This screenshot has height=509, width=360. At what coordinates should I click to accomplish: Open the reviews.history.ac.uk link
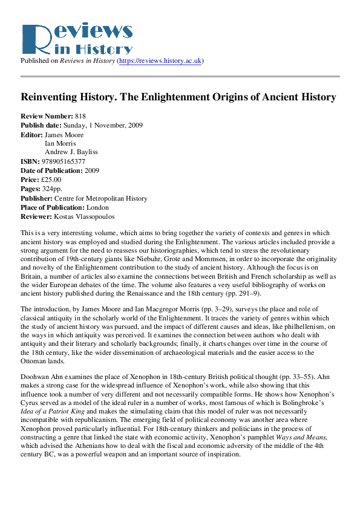[x=169, y=61]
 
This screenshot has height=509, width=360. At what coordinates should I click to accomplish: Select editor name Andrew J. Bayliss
[x=71, y=152]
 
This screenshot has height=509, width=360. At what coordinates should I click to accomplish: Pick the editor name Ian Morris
[x=60, y=143]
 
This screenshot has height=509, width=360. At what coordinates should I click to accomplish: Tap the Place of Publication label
[x=56, y=207]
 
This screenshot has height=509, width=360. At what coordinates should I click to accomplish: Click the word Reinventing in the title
[x=50, y=97]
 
